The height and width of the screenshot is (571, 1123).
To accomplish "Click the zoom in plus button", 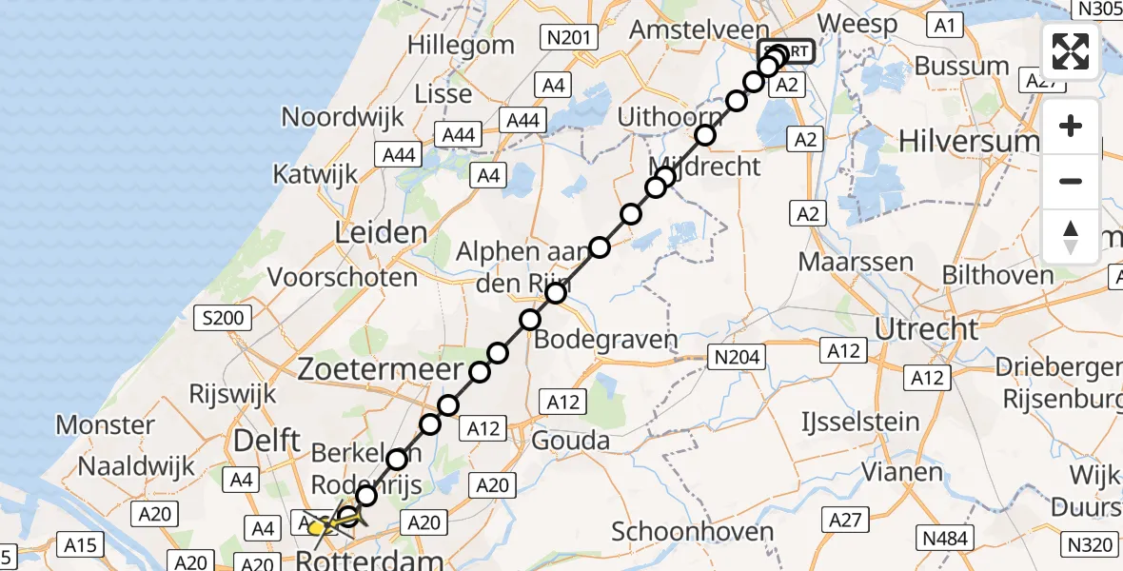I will coord(1071,126).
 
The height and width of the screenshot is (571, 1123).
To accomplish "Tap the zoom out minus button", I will coord(1071,181).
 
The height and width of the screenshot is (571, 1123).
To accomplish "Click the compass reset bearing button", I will coord(1071,237).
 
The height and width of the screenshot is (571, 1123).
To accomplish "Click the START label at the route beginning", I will coord(786,51).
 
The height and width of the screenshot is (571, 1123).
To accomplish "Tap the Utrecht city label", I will coord(913,329).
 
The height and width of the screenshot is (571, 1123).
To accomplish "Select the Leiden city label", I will coord(381,232).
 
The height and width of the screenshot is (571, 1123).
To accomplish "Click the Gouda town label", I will coord(571,440).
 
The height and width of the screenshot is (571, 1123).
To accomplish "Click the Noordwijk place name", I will coord(343,117).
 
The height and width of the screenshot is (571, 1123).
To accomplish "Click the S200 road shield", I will coord(222,318).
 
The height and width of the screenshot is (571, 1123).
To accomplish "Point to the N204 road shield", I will coord(739,357).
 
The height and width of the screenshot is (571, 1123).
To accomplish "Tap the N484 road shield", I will coord(944,539).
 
